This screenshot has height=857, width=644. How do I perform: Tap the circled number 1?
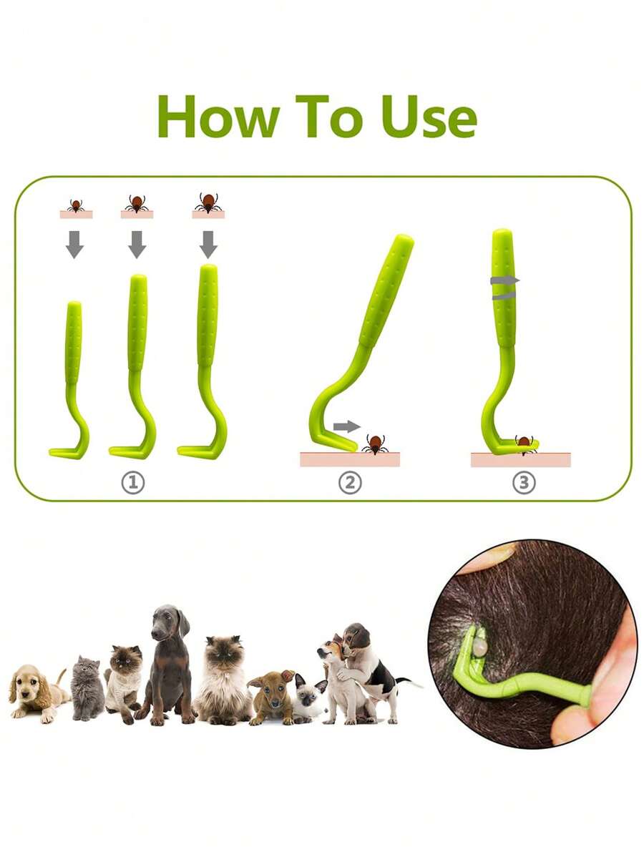point(132,483)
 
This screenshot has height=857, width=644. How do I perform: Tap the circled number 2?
point(349,483)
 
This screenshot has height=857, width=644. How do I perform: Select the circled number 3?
point(523,483)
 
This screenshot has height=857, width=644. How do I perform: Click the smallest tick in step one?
point(75,205)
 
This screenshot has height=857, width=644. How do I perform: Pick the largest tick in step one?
point(208,202)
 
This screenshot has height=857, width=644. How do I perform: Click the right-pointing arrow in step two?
point(347,426)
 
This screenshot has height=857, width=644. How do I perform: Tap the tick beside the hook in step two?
point(375,444)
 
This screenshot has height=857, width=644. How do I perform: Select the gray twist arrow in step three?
point(505,287)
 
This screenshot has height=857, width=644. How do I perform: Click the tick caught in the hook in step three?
point(525,443)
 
